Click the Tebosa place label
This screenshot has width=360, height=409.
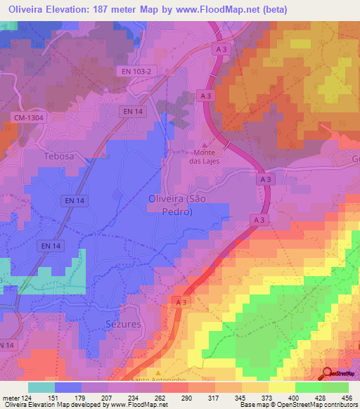58,156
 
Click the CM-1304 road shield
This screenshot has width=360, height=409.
29,118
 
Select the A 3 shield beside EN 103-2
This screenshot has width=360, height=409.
221,48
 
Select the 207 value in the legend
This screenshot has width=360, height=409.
107,397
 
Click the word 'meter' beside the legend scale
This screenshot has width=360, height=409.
11,397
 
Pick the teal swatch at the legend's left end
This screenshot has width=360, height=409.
41,387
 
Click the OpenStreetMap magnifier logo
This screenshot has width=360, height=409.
328,374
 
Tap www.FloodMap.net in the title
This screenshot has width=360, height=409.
219,8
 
